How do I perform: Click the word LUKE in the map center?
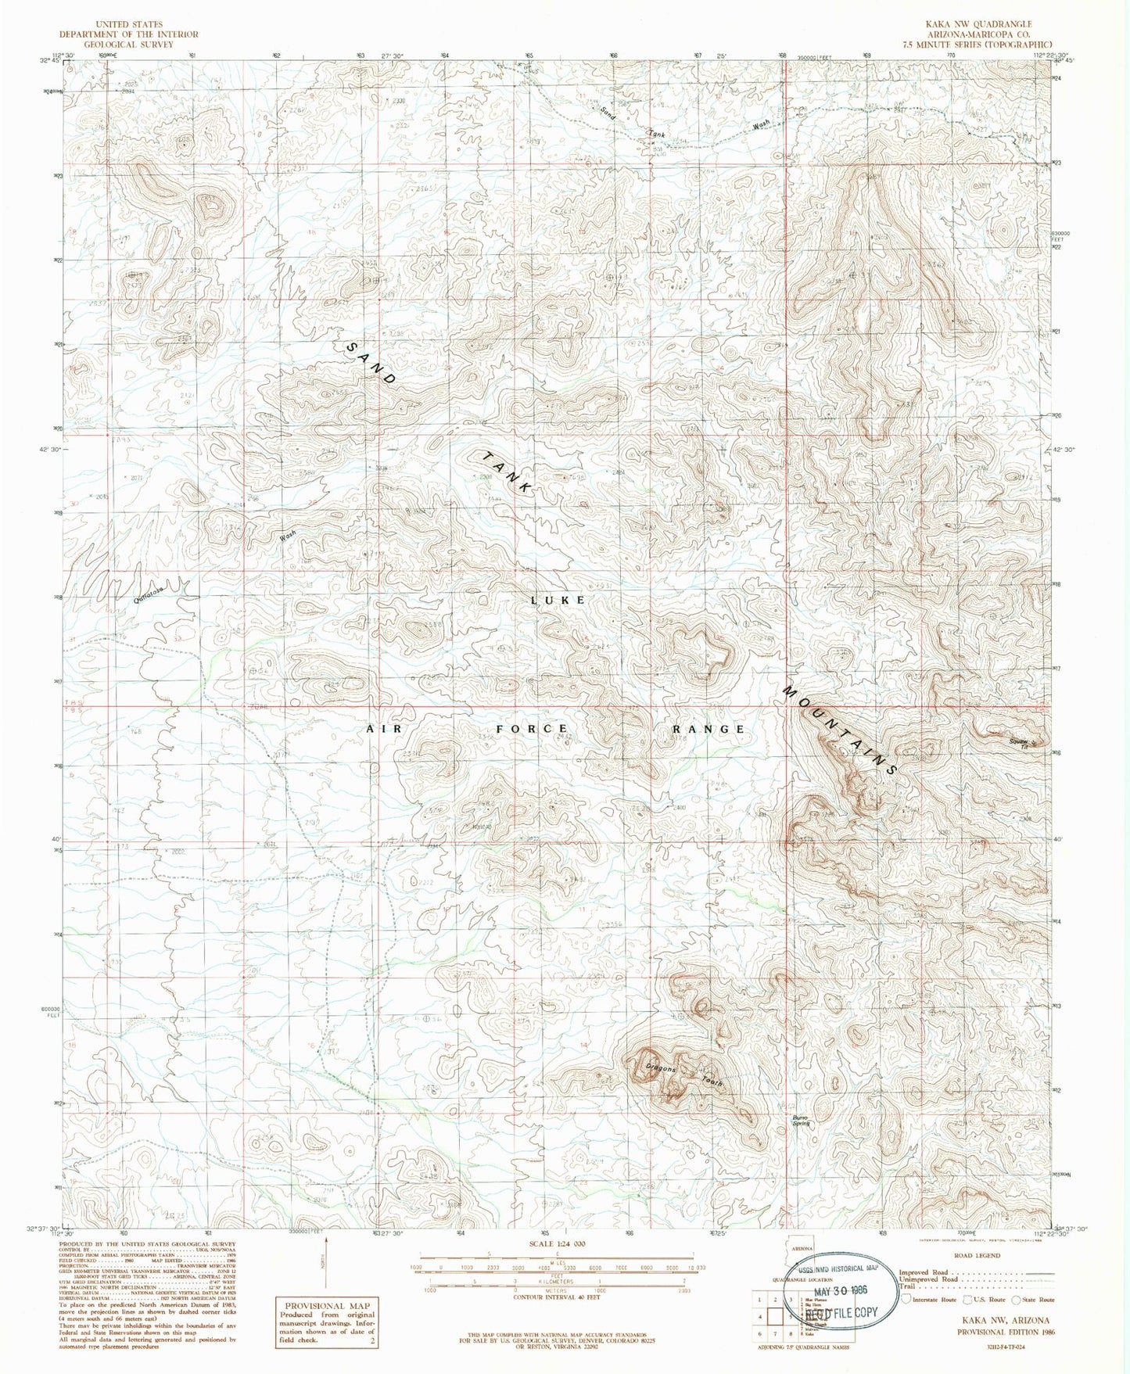click(x=558, y=600)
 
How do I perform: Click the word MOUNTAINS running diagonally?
click(x=840, y=731)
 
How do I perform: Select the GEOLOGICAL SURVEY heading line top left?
click(x=128, y=45)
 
